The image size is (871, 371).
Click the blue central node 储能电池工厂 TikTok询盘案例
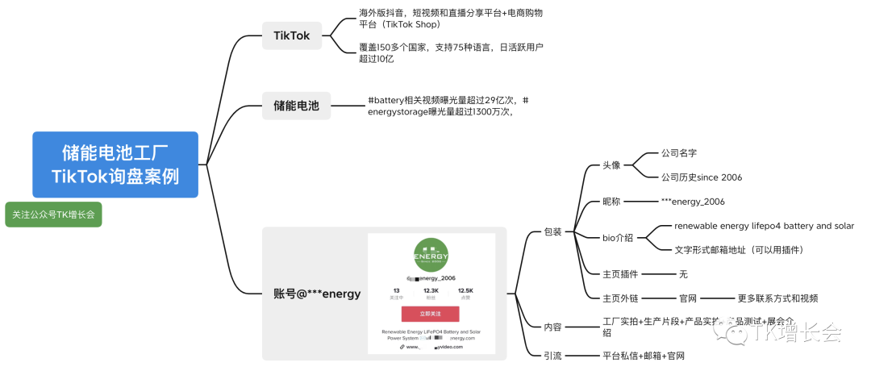[115, 165]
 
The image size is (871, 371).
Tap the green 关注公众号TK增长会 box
[53, 215]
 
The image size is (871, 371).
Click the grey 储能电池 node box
[296, 106]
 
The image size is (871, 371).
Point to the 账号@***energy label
[317, 294]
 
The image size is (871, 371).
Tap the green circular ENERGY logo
[431, 255]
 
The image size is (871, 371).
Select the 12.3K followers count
[431, 290]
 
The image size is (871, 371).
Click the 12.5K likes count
[465, 290]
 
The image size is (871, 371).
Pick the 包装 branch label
[552, 232]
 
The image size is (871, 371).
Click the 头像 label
[612, 165]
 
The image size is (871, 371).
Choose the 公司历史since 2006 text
[701, 177]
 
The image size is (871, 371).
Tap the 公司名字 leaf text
[679, 152]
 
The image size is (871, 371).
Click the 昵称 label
[612, 202]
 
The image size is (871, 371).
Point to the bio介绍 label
[618, 238]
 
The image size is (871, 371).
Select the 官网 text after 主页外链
[688, 298]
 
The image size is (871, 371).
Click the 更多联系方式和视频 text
[777, 298]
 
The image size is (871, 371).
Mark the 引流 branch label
[552, 355]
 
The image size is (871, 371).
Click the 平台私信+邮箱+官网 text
[647, 355]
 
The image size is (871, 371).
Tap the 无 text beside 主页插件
[684, 274]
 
